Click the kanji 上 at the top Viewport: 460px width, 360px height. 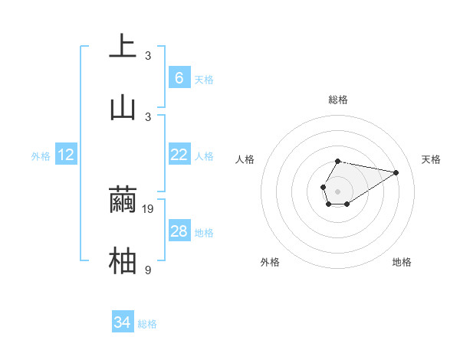(x=123, y=46)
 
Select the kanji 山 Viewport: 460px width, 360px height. (x=123, y=107)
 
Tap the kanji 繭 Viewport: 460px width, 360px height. (x=123, y=201)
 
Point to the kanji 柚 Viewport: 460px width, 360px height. (x=123, y=261)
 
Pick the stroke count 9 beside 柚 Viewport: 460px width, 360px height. (x=148, y=270)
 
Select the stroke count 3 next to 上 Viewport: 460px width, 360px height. (x=148, y=55)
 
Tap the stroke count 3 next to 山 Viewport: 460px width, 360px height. (x=148, y=116)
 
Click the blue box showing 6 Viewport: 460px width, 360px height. (x=179, y=78)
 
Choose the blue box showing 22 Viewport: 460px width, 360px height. (x=179, y=155)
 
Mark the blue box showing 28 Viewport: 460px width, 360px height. (x=179, y=231)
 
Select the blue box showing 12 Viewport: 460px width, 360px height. (x=66, y=155)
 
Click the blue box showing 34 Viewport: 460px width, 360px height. (x=122, y=322)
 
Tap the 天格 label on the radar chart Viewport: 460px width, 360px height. (x=432, y=159)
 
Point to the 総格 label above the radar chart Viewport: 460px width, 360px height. (x=337, y=100)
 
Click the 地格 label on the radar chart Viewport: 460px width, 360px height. (x=402, y=262)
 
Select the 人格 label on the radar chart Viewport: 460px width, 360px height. (x=245, y=159)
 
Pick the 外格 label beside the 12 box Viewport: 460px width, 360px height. (x=41, y=156)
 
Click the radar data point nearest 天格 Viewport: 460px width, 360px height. (x=396, y=172)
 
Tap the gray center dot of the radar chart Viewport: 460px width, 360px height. (x=337, y=190)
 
